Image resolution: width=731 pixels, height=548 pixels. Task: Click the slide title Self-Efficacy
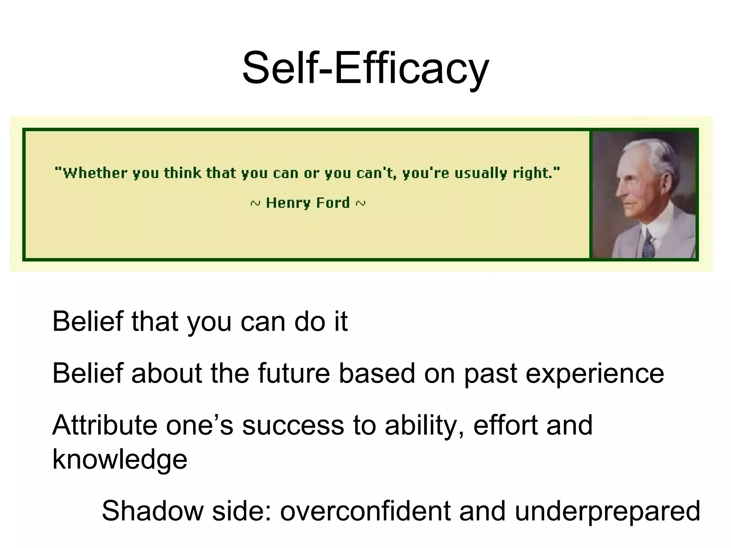coord(365,68)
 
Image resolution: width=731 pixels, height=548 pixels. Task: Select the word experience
coord(595,373)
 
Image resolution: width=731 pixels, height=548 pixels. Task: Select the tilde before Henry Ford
coord(255,204)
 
